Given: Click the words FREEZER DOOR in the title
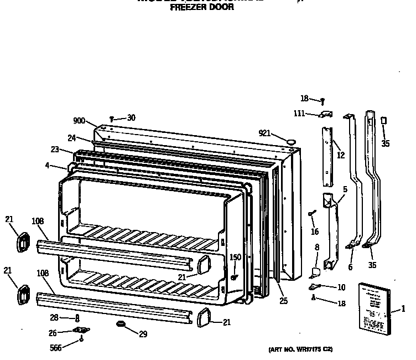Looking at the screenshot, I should tap(198, 8).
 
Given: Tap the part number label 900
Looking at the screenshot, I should tap(79, 121).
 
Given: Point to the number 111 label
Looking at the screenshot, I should tap(299, 114).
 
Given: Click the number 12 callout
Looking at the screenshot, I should tap(341, 155).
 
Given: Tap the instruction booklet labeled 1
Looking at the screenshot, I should tap(373, 307).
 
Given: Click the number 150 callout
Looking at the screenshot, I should tap(235, 257).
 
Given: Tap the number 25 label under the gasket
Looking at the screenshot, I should tap(283, 301).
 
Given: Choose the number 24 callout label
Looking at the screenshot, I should tap(72, 138).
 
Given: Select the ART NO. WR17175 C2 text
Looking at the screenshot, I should tap(300, 350).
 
